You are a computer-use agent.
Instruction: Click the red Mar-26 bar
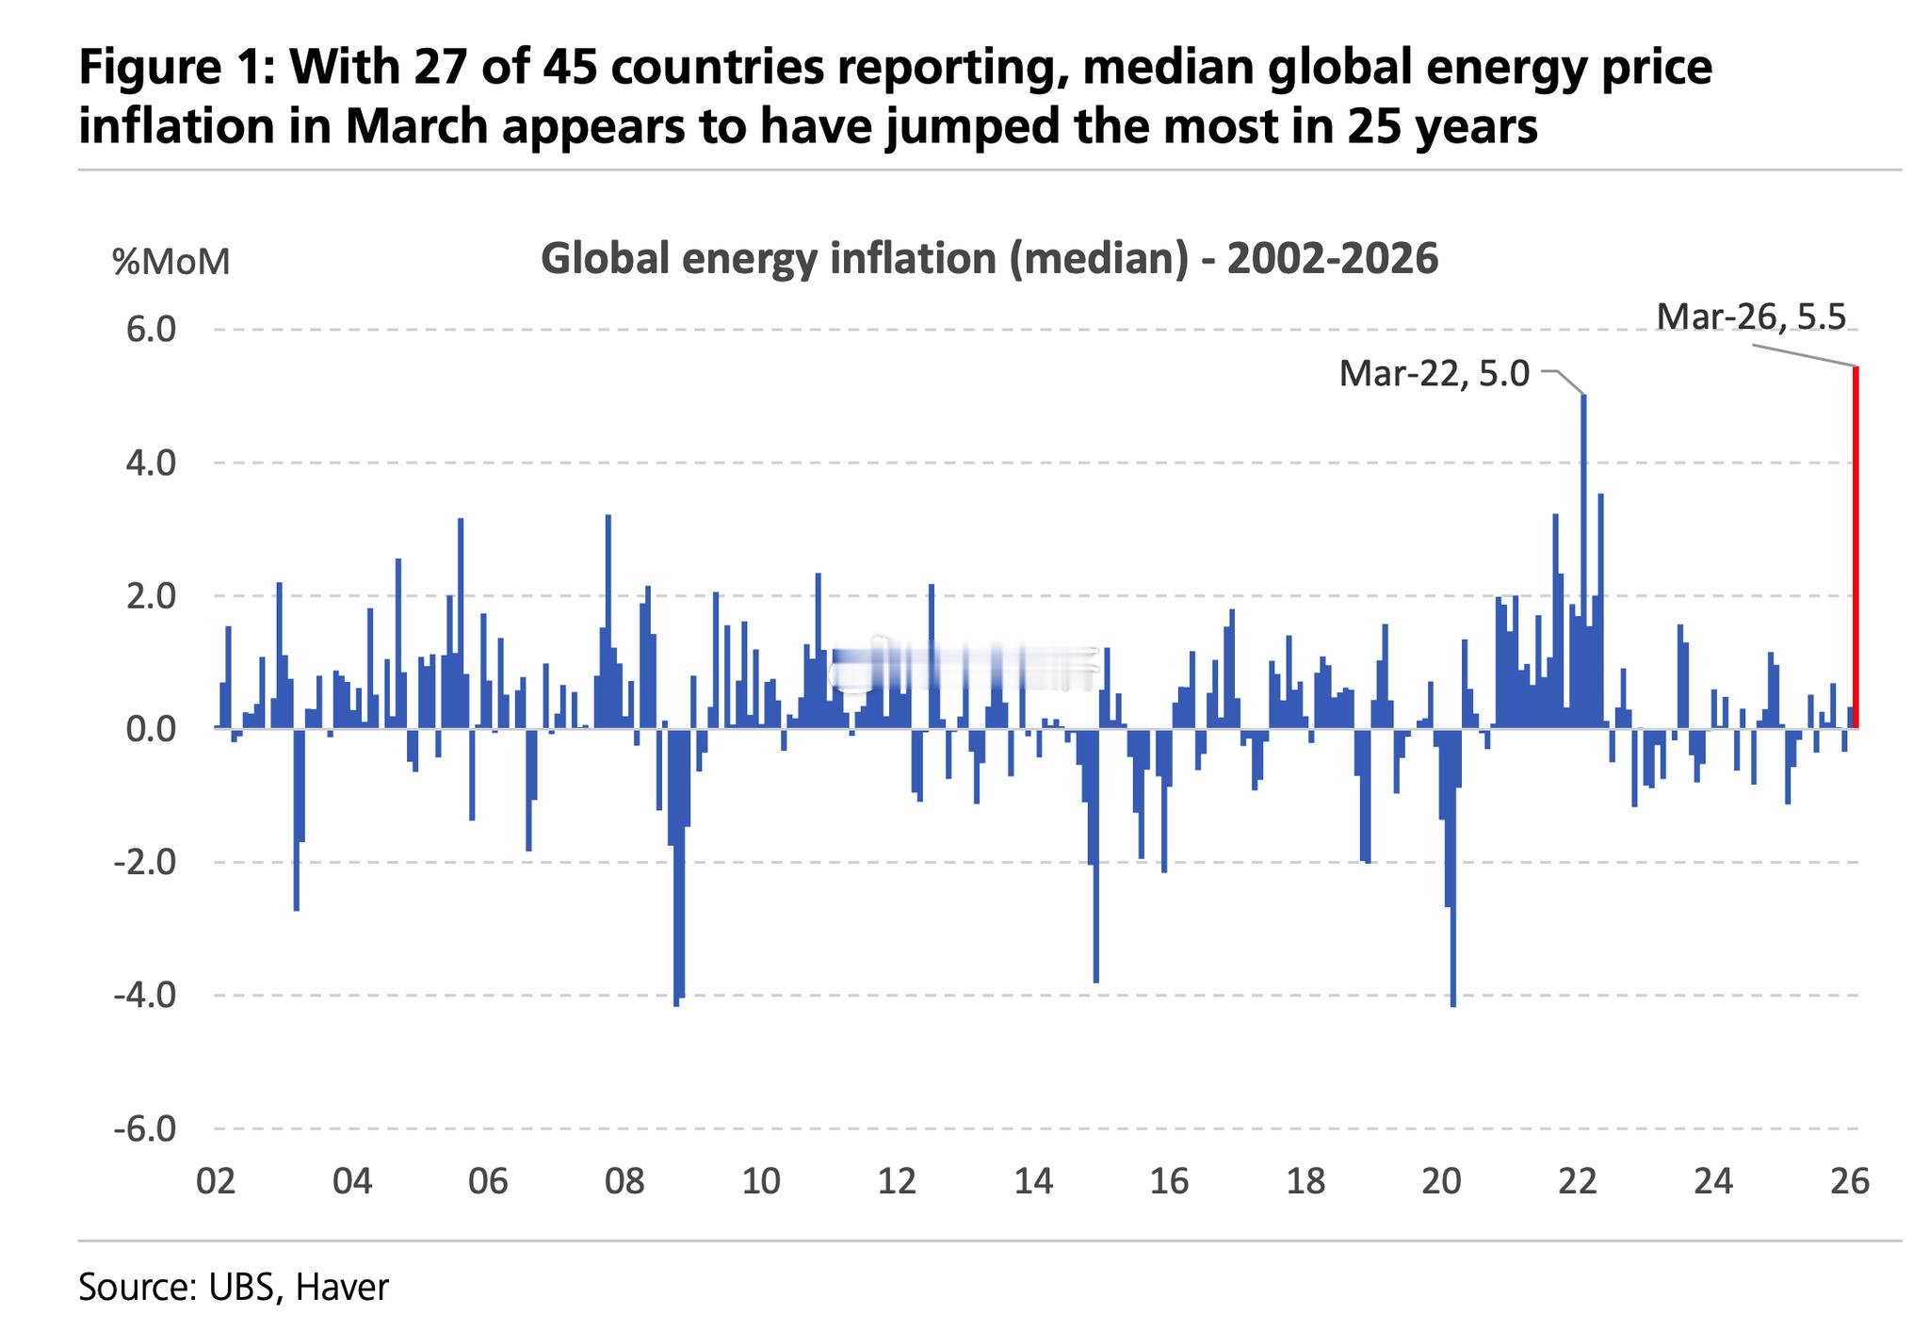tap(1856, 546)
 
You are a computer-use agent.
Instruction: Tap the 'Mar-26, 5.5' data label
tap(1751, 316)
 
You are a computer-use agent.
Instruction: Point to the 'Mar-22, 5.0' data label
tap(1435, 374)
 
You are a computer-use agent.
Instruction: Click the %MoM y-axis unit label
tap(171, 261)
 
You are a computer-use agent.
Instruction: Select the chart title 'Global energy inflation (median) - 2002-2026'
tap(989, 259)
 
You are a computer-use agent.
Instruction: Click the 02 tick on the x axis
tap(215, 1181)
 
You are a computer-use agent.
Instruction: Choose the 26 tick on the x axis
tap(1849, 1181)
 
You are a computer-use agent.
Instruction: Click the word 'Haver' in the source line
tap(342, 1287)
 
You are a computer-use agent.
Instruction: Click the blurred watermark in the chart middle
tap(965, 668)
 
